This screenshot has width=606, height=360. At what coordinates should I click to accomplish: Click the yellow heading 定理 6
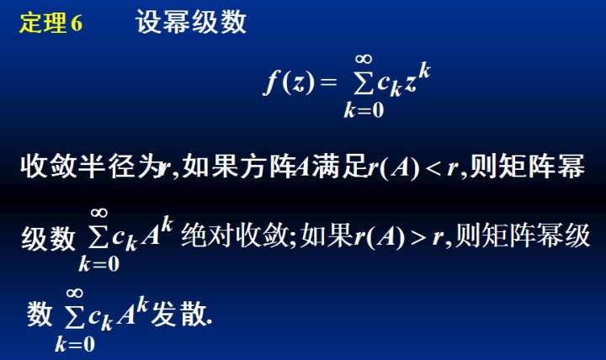(x=51, y=24)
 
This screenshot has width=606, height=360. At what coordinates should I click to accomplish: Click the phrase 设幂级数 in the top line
(x=192, y=24)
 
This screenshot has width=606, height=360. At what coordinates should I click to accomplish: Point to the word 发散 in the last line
(x=178, y=315)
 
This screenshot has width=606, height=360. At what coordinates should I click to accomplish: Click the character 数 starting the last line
(x=40, y=315)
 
